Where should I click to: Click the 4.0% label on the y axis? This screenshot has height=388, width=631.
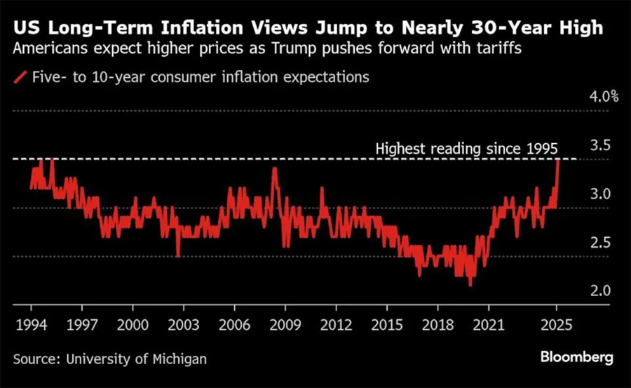point(604,97)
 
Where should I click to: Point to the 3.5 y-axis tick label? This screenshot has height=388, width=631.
point(600,145)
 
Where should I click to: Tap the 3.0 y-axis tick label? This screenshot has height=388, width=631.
point(600,194)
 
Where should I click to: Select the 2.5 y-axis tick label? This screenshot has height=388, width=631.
point(600,242)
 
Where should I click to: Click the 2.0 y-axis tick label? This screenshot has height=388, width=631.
point(600,290)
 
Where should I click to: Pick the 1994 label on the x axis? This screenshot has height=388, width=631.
point(31,326)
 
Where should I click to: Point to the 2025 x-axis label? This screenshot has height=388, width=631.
point(556,326)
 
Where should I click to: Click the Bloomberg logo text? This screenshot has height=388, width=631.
point(576,357)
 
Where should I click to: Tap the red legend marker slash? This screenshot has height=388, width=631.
point(21,76)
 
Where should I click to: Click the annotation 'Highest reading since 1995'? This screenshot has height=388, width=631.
point(466,149)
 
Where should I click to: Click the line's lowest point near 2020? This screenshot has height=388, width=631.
point(470,285)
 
